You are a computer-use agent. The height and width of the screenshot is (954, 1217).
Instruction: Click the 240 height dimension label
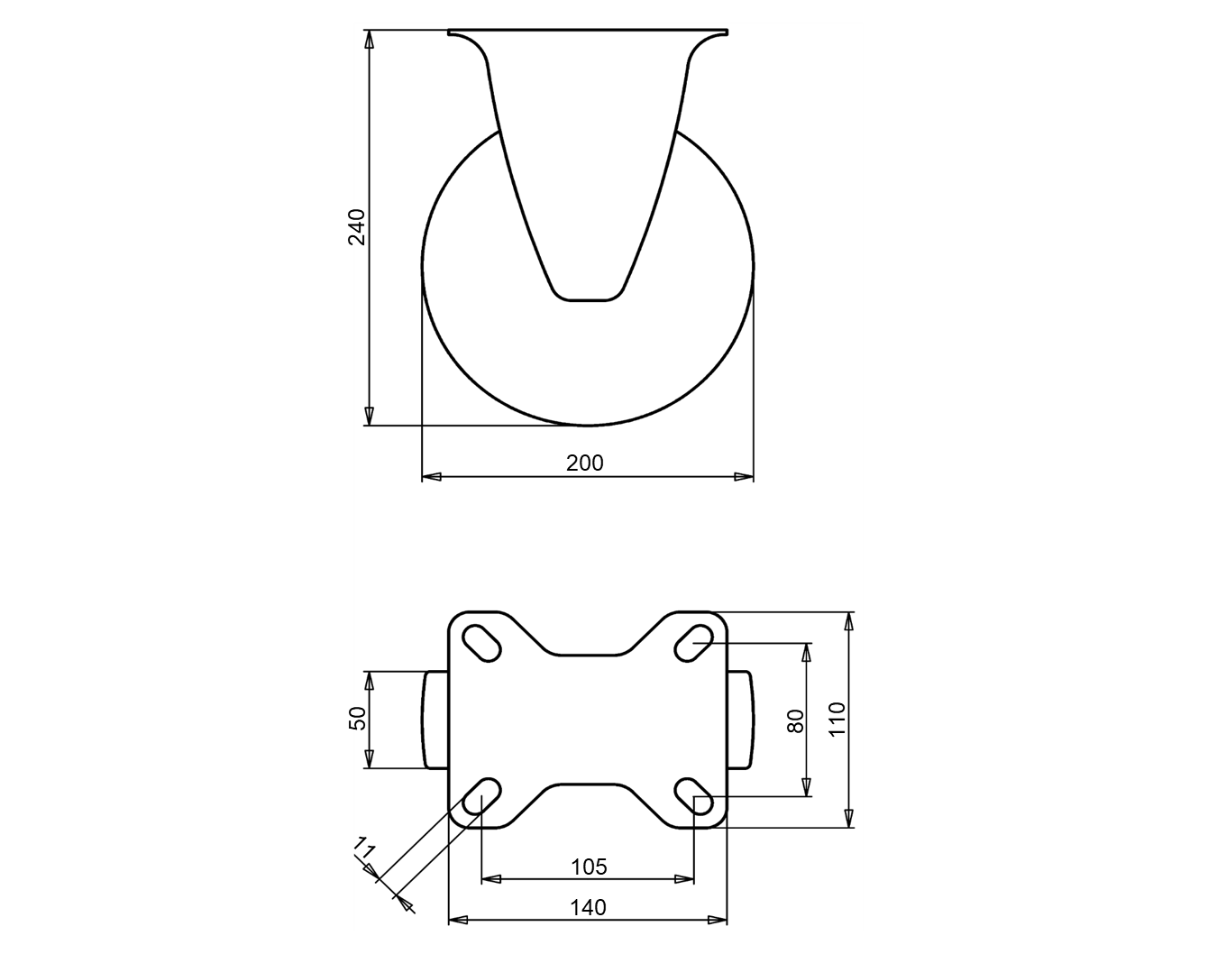click(x=357, y=227)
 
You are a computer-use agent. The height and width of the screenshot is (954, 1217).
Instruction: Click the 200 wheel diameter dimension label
click(x=585, y=463)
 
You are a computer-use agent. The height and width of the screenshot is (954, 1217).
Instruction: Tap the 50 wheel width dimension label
click(x=357, y=719)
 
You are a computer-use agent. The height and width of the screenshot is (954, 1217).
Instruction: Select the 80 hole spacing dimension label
click(x=795, y=721)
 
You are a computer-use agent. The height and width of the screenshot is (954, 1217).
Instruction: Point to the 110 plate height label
click(x=837, y=720)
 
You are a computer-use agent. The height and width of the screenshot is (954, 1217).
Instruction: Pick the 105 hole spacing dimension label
click(x=589, y=867)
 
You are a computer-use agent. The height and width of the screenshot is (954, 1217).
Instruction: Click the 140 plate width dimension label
click(x=588, y=907)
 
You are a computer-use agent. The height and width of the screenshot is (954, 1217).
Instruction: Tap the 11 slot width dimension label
click(x=364, y=849)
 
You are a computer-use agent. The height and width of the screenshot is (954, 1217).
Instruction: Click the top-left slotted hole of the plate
click(x=481, y=643)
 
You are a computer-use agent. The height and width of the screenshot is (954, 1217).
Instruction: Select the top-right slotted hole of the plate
click(x=693, y=643)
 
